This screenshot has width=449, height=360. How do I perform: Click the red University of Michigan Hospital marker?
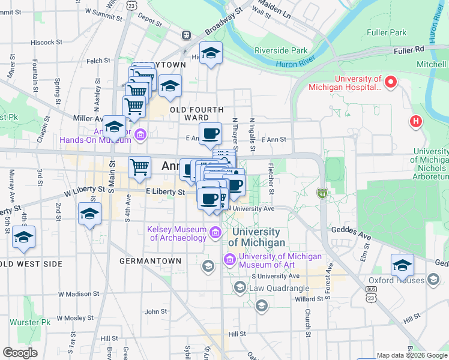(x=392, y=81)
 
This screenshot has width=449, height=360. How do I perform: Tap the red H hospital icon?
(x=415, y=122)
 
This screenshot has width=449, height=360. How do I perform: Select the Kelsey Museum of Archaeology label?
(x=178, y=233)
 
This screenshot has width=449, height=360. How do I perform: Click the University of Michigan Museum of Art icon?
(x=229, y=260)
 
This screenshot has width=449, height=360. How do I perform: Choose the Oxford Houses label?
(x=397, y=280)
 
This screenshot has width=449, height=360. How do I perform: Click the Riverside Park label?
(x=281, y=50)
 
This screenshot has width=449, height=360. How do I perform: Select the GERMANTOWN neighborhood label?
(x=150, y=261)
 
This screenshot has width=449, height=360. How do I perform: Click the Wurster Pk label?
(x=30, y=322)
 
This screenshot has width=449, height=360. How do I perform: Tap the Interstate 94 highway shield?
(x=322, y=193)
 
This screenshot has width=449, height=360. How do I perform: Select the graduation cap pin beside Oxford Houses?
(x=402, y=265)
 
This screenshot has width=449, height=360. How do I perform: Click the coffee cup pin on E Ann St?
(x=210, y=134)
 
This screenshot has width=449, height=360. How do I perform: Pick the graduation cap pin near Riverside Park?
(x=211, y=53)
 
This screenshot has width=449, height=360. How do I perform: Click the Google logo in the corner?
(x=20, y=353)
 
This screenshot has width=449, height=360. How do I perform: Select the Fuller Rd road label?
(x=409, y=50)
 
